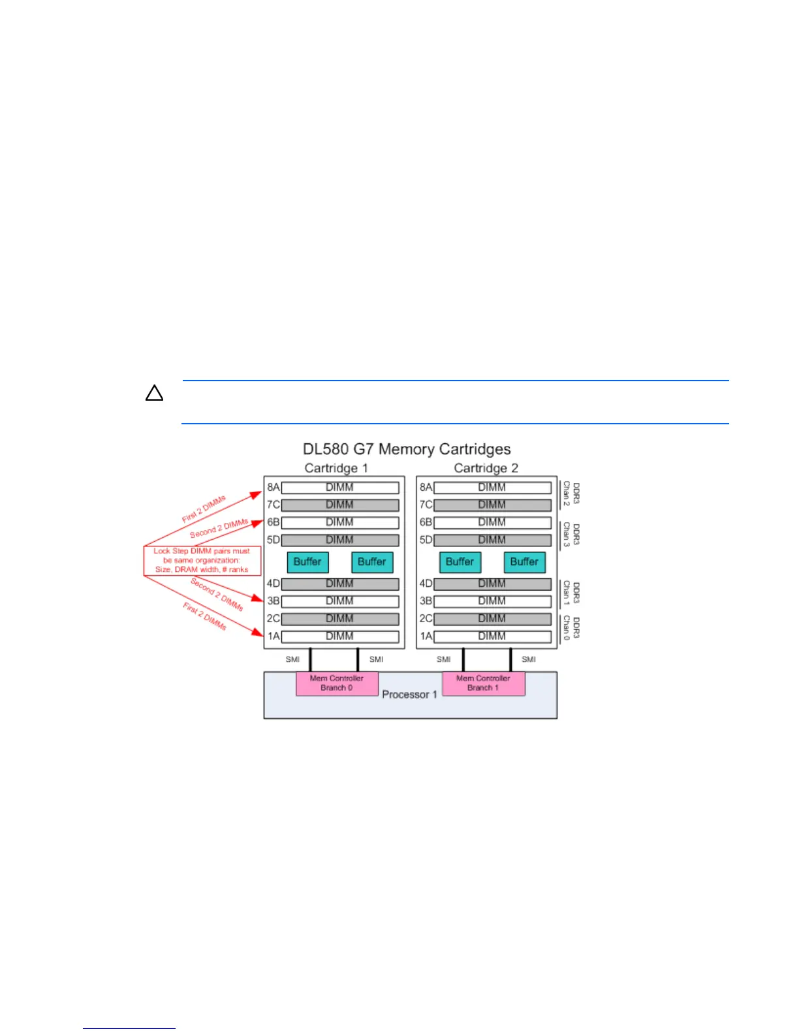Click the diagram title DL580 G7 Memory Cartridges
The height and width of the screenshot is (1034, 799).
coord(406,449)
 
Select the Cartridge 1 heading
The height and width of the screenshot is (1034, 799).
coord(336,468)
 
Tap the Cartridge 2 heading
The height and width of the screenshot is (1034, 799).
coord(486,468)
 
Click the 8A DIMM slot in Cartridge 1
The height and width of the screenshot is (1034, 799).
coord(339,488)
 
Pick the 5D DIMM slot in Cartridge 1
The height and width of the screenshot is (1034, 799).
coord(339,540)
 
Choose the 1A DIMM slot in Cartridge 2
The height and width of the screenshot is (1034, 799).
coord(492,636)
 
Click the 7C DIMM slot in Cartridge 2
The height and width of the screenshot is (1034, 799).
coord(492,505)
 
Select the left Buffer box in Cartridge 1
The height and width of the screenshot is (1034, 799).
coord(307,562)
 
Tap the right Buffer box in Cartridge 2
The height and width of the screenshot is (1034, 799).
coord(524,562)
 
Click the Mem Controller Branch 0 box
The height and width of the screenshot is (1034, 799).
coord(337,683)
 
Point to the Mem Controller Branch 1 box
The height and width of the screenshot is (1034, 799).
coord(483,683)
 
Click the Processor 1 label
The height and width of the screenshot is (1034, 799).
coord(409,695)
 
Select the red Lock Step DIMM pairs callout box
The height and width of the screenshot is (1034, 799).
coord(202,561)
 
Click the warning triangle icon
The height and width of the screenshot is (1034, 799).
coord(154,393)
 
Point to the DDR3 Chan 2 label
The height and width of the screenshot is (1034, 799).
coord(571,494)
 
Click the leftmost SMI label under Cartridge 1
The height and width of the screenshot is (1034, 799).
coord(292,659)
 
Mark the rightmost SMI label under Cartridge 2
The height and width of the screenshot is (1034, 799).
coord(529,659)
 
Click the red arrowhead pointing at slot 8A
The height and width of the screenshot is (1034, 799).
coord(257,493)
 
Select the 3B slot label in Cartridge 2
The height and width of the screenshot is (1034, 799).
coord(426,601)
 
